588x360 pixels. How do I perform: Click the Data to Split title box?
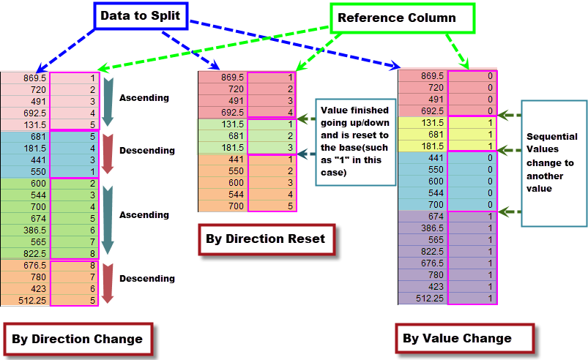coord(140,15)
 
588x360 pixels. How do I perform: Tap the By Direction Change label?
coord(77,339)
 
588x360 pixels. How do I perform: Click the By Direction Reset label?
coord(267,239)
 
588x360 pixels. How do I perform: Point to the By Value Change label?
coord(457,338)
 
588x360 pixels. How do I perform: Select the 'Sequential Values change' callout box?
coord(553,162)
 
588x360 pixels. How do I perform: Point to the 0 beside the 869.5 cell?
coord(472,76)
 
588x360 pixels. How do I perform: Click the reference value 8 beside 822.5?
coord(75,253)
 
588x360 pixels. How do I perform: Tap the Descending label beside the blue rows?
coord(146,151)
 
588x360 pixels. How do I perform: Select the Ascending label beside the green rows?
coord(144,215)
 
